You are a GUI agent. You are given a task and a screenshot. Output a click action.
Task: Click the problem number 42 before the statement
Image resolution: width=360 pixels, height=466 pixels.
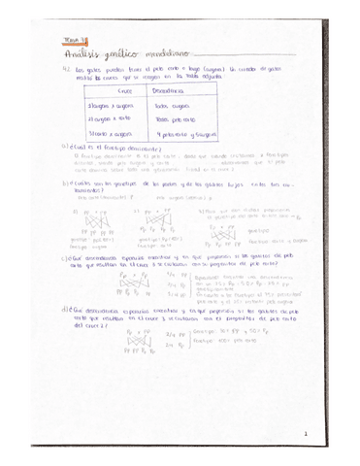(65, 68)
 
